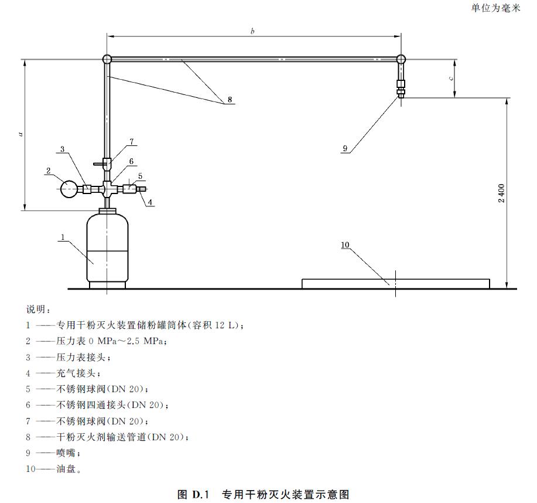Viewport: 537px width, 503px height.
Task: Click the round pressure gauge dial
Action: pyautogui.click(x=70, y=189)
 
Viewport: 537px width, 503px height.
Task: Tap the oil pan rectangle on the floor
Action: pyautogui.click(x=395, y=284)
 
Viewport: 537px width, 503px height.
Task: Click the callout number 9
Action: pyautogui.click(x=346, y=149)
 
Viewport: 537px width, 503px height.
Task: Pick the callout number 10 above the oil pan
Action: pyautogui.click(x=345, y=245)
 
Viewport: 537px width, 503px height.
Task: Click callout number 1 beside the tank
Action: pyautogui.click(x=62, y=237)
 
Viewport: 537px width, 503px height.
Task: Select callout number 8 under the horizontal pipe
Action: pyautogui.click(x=230, y=100)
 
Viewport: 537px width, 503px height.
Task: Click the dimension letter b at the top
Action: pyautogui.click(x=252, y=31)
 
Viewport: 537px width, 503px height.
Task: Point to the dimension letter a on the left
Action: pyautogui.click(x=20, y=134)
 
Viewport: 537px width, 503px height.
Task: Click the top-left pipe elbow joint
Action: pyautogui.click(x=107, y=59)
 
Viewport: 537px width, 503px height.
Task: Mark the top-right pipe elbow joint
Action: pyautogui.click(x=401, y=59)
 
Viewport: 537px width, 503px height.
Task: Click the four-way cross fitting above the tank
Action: pyautogui.click(x=108, y=189)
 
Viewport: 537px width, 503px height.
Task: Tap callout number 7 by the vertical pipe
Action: pyautogui.click(x=132, y=141)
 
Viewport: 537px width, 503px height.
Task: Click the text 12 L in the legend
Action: pyautogui.click(x=228, y=325)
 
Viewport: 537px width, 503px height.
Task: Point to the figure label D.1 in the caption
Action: pyautogui.click(x=200, y=494)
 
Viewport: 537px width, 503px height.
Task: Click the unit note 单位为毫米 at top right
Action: pyautogui.click(x=495, y=8)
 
